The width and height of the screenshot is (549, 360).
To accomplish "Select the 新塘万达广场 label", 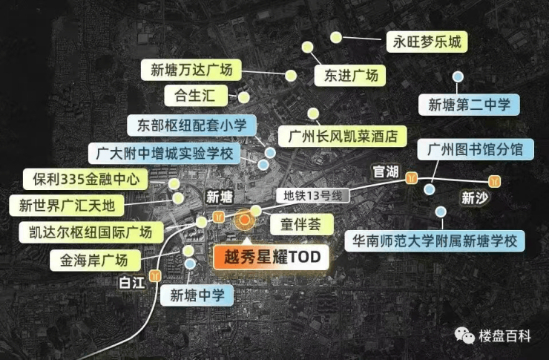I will (191, 71).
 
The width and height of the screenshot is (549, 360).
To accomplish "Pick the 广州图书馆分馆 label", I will (475, 150).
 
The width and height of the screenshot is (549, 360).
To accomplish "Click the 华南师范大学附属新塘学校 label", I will (435, 240).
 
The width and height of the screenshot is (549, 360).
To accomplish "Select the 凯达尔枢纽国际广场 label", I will (86, 232).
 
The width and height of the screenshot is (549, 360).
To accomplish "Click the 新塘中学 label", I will (197, 295).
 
